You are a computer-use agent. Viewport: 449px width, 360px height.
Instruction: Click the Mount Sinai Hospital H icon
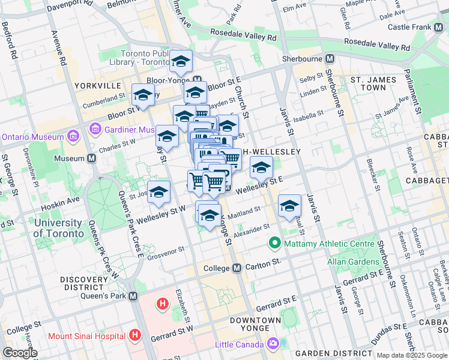(135, 335)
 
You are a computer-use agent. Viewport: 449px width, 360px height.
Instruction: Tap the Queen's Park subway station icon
(133, 296)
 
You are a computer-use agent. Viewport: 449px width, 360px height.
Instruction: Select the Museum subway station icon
(91, 158)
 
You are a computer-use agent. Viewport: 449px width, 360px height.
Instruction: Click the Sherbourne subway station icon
(330, 59)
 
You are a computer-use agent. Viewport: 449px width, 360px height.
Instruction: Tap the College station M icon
(238, 268)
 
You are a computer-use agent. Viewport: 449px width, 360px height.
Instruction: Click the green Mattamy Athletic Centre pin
(275, 244)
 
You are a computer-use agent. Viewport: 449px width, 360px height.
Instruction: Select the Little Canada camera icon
(273, 344)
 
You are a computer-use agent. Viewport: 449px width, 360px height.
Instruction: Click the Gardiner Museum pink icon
(95, 129)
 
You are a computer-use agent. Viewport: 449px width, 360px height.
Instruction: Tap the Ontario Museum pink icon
(73, 136)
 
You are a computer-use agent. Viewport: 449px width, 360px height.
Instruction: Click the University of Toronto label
(58, 228)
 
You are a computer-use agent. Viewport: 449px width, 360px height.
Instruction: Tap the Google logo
(20, 353)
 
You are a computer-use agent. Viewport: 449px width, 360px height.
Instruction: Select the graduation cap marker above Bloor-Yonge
(181, 61)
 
